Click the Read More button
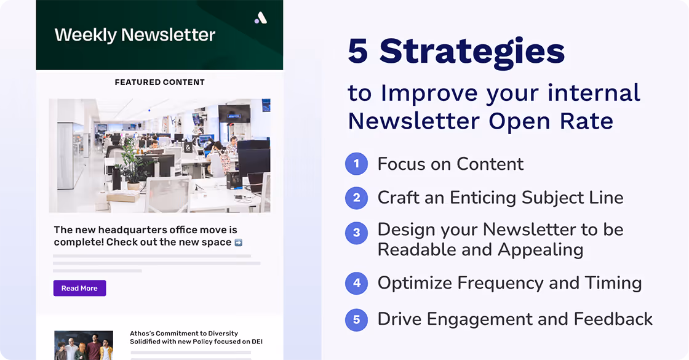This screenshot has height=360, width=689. (x=79, y=288)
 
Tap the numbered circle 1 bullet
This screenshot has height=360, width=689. (x=356, y=164)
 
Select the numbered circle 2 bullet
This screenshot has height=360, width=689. (x=356, y=198)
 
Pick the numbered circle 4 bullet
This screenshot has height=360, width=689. (x=356, y=283)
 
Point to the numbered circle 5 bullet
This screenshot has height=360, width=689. (x=356, y=319)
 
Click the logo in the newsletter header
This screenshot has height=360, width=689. (x=261, y=18)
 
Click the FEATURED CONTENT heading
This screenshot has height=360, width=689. (x=159, y=82)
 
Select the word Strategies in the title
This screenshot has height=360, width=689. (x=472, y=51)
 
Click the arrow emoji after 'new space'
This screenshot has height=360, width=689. (x=239, y=242)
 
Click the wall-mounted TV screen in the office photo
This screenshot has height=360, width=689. (x=234, y=113)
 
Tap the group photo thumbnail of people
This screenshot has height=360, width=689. (x=84, y=345)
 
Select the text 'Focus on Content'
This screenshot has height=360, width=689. (x=450, y=164)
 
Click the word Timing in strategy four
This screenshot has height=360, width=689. (x=613, y=283)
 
